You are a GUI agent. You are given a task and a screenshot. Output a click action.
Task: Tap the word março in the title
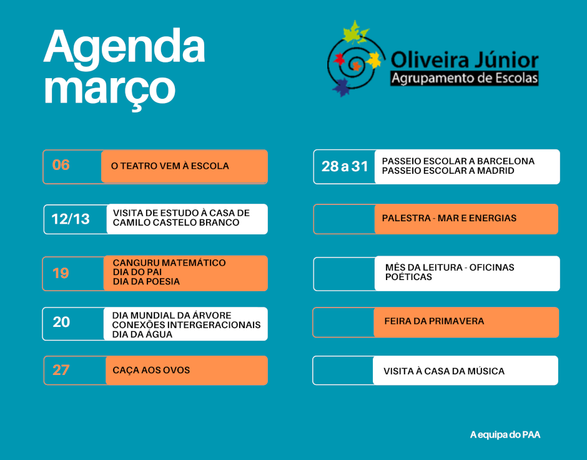click(x=110, y=90)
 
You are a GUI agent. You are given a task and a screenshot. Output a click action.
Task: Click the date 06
click(x=61, y=165)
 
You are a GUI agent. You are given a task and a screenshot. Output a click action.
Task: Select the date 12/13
click(x=71, y=219)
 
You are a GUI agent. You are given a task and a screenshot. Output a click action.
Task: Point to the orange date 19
click(x=61, y=273)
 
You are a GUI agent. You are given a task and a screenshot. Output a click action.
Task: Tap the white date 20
click(x=61, y=322)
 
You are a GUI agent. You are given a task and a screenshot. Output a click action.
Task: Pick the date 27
click(x=61, y=370)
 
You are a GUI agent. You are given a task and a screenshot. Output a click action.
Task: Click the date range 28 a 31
click(x=345, y=166)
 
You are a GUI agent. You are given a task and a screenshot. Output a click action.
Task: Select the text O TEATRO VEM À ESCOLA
click(x=170, y=166)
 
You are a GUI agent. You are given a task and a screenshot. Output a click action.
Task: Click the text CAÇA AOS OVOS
click(x=151, y=370)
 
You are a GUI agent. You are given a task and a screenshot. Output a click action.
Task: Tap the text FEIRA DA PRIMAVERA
click(x=434, y=321)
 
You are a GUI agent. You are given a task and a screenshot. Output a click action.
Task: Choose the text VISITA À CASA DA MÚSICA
click(x=444, y=371)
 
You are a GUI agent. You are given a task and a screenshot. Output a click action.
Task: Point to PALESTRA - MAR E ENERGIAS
click(x=449, y=218)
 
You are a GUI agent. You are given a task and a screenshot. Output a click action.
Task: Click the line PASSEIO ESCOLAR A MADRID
click(x=448, y=171)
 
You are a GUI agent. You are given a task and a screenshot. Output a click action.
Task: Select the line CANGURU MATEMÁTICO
click(x=169, y=262)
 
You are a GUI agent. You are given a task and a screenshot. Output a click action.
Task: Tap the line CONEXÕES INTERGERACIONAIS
click(x=187, y=325)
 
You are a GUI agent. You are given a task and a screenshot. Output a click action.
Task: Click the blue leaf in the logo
click(x=342, y=88)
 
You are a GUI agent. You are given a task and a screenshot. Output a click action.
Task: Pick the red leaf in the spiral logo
click(x=339, y=59)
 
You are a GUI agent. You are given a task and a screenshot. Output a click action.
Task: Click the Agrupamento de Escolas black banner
click(x=464, y=78)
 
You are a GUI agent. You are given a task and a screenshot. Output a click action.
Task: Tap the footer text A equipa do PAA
click(x=505, y=435)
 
